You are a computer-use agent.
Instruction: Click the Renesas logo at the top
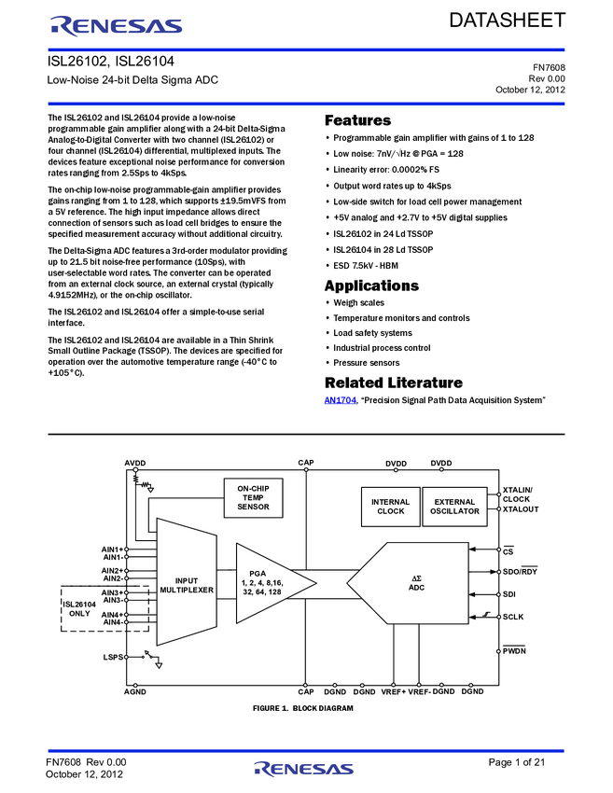tap(117, 27)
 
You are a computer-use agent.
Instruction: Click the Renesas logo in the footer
tap(304, 769)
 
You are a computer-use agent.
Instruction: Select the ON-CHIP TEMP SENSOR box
tap(253, 498)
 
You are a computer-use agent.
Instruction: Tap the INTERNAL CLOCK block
tap(390, 507)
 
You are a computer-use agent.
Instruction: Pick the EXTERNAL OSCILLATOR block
tap(454, 507)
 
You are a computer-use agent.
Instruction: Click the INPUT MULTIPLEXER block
tap(187, 585)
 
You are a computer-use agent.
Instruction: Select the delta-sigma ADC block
tap(416, 583)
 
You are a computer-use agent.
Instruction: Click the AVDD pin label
tap(135, 464)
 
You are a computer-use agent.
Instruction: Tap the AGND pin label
tap(135, 691)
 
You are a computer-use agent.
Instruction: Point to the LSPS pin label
tap(113, 657)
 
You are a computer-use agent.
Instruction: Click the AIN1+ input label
tap(112, 549)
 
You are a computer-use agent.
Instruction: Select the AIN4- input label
tap(112, 622)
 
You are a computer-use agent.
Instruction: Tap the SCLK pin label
tap(514, 617)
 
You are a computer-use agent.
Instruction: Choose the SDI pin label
tap(509, 594)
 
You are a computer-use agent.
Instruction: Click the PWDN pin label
tap(514, 651)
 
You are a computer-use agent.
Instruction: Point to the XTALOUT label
tap(521, 509)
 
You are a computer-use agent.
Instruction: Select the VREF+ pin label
tap(394, 691)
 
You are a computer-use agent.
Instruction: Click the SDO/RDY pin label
tap(520, 571)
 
